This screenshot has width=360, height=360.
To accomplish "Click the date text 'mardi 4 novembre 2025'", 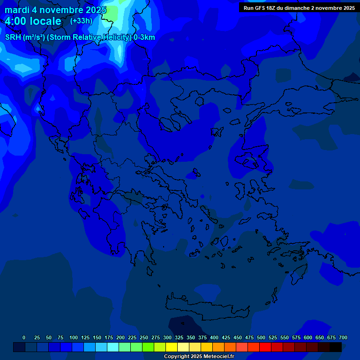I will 55,10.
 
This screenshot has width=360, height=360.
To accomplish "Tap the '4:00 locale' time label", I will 33,21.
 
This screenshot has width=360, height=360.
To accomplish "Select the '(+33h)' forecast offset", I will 81,21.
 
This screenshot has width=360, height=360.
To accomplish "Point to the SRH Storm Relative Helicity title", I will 80,37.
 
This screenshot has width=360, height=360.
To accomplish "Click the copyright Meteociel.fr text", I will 199,356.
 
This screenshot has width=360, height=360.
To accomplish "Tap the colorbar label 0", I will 24,337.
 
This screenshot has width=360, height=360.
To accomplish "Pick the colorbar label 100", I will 74,337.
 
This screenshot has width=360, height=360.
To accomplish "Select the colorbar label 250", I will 144,337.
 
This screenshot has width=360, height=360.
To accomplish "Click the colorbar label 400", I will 214,337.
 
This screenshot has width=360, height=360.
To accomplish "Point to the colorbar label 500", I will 261,337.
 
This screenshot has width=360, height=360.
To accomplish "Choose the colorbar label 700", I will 343,337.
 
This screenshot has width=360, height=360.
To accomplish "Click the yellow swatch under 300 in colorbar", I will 172,347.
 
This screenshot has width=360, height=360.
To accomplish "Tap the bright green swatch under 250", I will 148,347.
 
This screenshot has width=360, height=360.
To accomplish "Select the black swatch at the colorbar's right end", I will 336,347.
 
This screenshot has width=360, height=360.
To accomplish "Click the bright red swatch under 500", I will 265,347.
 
